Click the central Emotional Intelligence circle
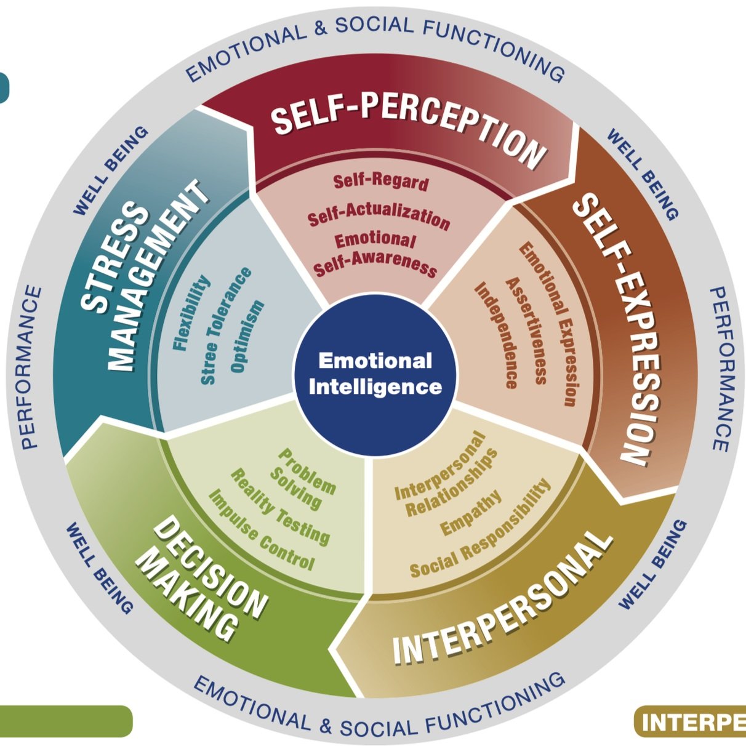coord(375,374)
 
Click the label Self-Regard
coord(381,182)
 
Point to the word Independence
coord(496,335)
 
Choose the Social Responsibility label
coord(480,530)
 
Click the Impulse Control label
coord(261,530)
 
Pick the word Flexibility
coord(191,313)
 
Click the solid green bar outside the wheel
coord(65,721)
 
